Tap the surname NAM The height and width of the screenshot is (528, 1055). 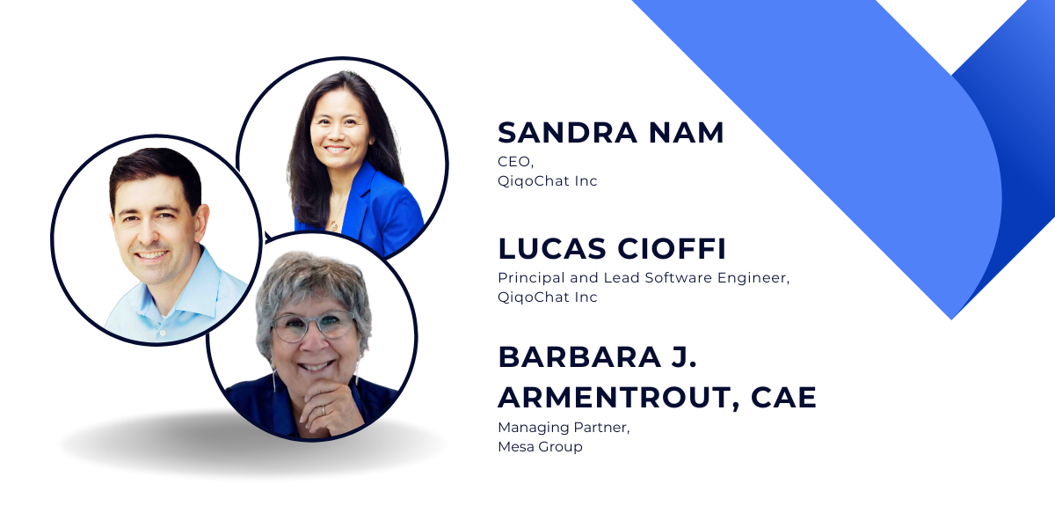click(x=687, y=133)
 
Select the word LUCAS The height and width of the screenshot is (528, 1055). click(x=552, y=248)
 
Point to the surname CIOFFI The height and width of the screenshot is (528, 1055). click(x=671, y=248)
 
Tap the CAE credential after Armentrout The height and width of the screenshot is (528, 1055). click(x=783, y=397)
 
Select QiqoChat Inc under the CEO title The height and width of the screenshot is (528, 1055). click(x=547, y=181)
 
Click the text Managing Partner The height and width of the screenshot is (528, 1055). click(x=564, y=428)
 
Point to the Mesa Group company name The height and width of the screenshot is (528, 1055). click(x=540, y=446)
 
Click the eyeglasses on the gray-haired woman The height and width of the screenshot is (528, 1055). click(x=314, y=326)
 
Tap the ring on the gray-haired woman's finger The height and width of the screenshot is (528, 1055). click(x=324, y=410)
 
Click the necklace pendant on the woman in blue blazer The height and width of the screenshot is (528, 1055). click(x=333, y=225)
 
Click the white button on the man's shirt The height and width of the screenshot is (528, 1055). click(x=163, y=333)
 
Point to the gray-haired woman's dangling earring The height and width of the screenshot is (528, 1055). click(x=273, y=380)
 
